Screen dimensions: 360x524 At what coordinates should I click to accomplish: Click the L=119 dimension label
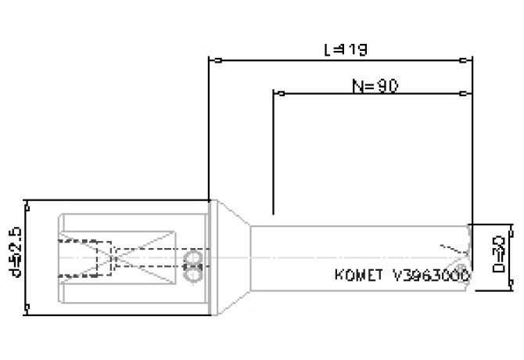click(345, 49)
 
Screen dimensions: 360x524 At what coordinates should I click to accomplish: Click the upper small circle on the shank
click(191, 258)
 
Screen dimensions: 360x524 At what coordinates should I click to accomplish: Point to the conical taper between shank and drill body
click(231, 255)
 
